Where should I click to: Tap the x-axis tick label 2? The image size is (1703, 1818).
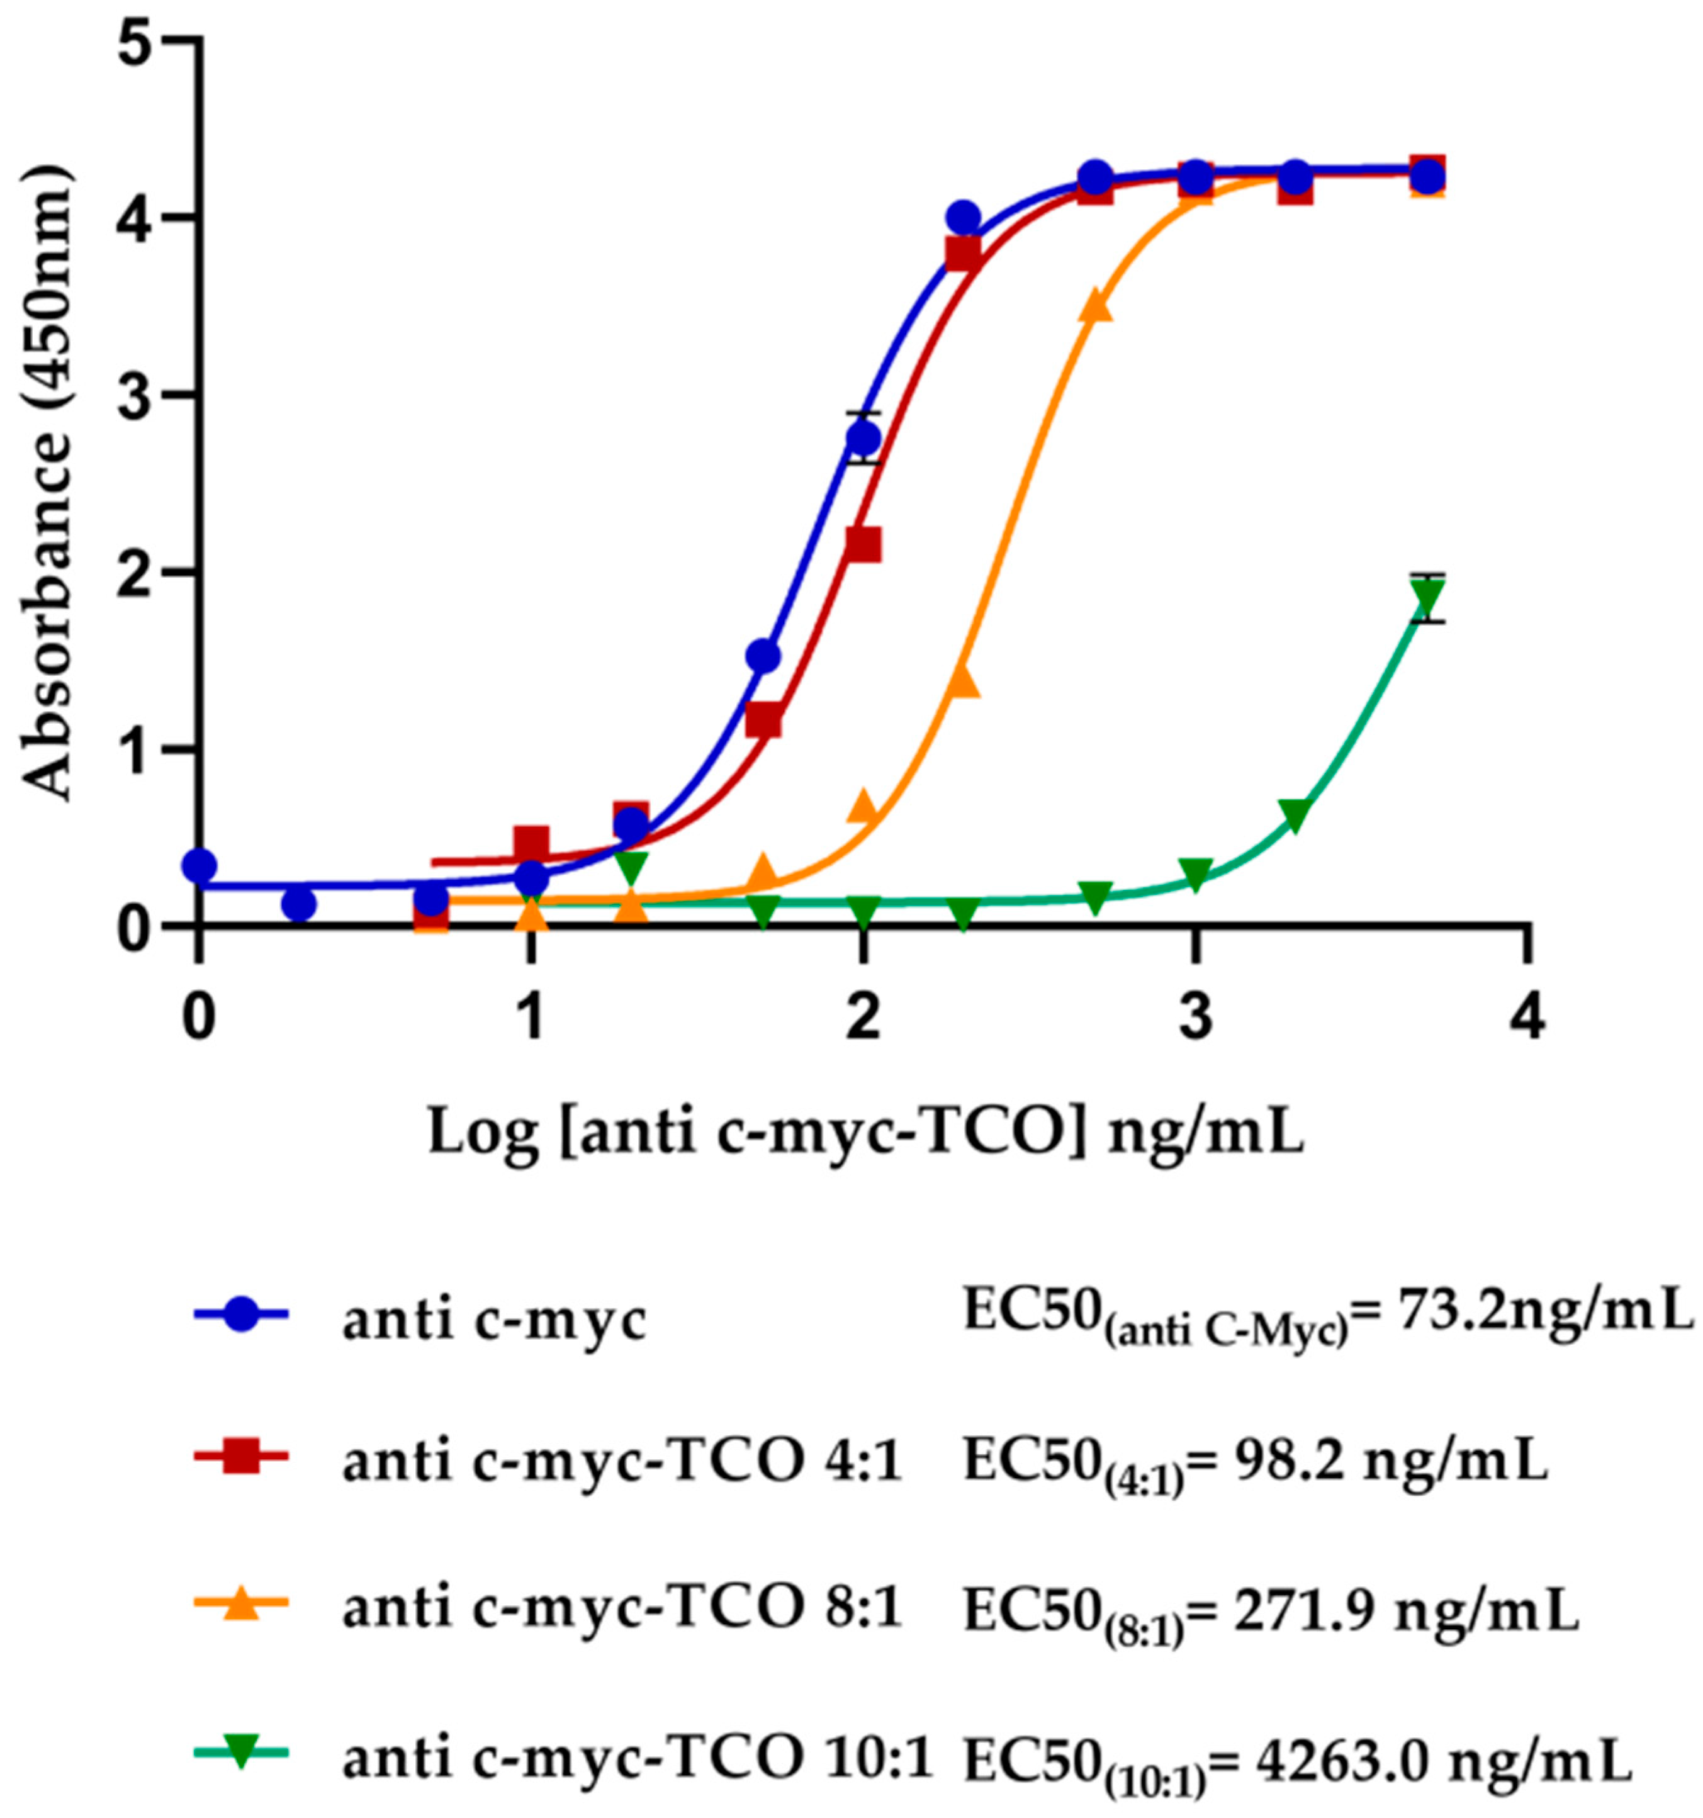862,1018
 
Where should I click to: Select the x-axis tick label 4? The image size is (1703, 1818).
1526,1018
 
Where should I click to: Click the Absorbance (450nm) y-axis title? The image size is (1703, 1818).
46,485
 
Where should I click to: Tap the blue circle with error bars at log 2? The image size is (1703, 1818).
862,438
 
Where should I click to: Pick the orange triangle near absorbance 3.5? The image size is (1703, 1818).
1096,307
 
